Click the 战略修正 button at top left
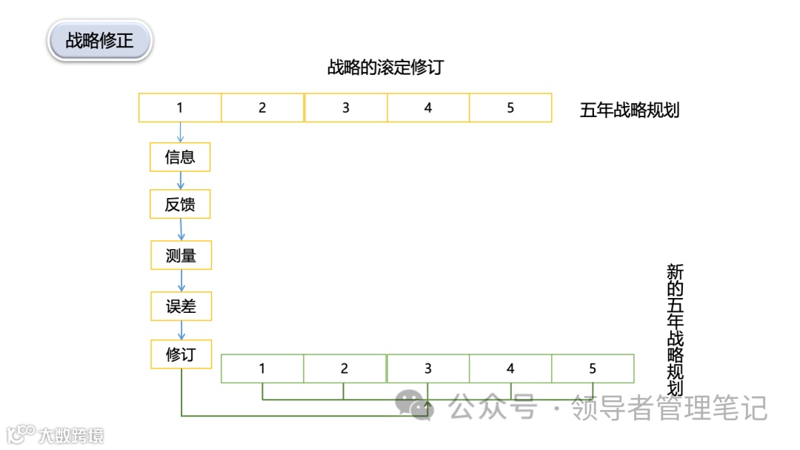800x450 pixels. (x=99, y=40)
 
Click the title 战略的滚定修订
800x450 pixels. (x=385, y=67)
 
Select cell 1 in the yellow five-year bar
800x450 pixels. (x=180, y=107)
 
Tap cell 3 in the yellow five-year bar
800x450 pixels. (x=345, y=107)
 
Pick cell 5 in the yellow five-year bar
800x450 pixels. (x=510, y=107)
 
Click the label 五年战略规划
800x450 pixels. (x=630, y=110)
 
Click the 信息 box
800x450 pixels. (x=180, y=157)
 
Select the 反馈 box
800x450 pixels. (x=180, y=205)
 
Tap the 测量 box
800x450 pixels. (x=181, y=256)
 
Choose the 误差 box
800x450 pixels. (x=181, y=306)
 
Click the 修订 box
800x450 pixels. (x=181, y=354)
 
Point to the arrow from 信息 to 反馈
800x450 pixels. (x=180, y=181)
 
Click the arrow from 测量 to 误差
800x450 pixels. (x=181, y=281)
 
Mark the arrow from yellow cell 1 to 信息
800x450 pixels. (x=180, y=132)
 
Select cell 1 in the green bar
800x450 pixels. (x=262, y=368)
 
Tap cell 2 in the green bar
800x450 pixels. (x=344, y=368)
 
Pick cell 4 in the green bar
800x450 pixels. (x=510, y=368)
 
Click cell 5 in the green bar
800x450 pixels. (x=593, y=368)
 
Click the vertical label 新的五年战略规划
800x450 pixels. (x=674, y=330)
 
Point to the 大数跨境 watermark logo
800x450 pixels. (x=56, y=434)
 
